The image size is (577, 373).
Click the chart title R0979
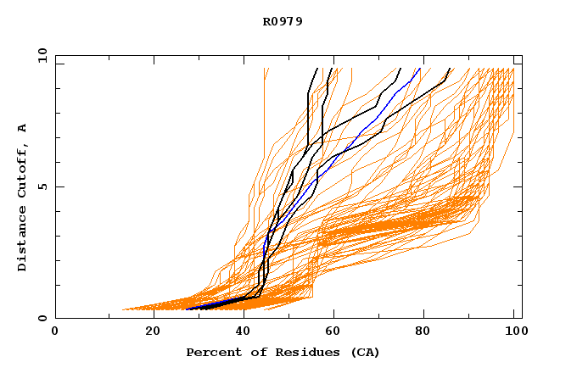pos(283,21)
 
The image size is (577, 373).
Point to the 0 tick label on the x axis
pos(55,331)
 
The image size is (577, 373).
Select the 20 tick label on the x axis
pos(153,331)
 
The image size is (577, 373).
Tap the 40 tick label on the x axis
pos(244,331)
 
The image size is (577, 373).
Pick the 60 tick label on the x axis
pos(336,331)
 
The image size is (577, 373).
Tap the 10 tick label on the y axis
pos(41,55)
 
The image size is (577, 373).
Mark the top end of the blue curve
pos(420,69)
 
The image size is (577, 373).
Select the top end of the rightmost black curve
pos(450,69)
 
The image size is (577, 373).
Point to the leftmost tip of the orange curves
pos(123,309)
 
